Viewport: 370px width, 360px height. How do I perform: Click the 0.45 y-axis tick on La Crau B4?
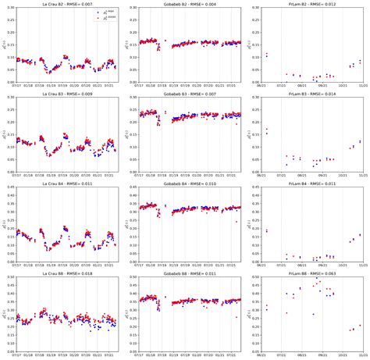[x=9, y=188]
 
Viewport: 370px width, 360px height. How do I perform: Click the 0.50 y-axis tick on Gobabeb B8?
[x=130, y=279]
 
